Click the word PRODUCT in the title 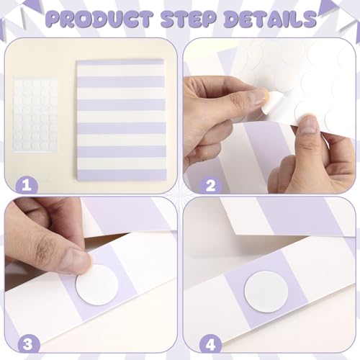(x=99, y=19)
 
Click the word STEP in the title (x=188, y=19)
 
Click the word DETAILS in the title (x=270, y=19)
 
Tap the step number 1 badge (x=27, y=185)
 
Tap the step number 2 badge (x=210, y=185)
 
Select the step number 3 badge (x=28, y=344)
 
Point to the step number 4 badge (x=210, y=344)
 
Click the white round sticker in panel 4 (x=266, y=292)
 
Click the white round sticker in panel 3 (x=97, y=285)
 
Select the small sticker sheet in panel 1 (x=35, y=114)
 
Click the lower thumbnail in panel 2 (x=309, y=125)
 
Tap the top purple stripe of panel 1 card (x=121, y=63)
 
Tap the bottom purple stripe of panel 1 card (x=122, y=174)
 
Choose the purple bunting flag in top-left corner (x=32, y=5)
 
